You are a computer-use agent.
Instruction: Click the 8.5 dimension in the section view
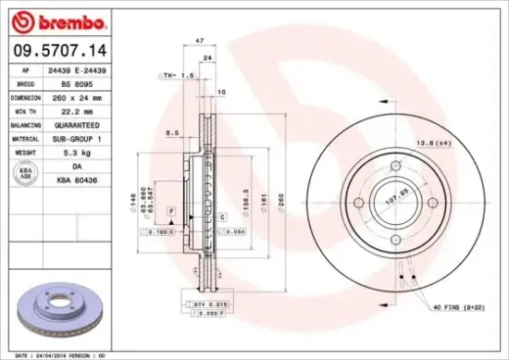pos(173,133)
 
